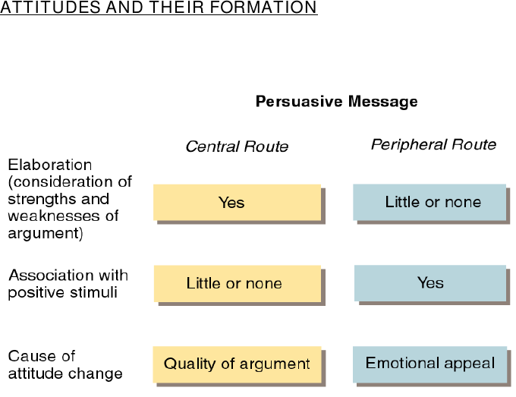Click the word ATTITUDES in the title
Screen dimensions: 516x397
50,8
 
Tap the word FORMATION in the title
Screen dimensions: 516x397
263,8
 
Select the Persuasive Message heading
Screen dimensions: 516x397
337,102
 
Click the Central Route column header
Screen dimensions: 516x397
237,147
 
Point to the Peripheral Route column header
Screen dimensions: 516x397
434,145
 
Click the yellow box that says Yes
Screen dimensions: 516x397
238,203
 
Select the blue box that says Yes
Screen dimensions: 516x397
430,283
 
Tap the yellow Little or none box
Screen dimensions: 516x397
238,283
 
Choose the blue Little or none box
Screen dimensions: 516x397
429,202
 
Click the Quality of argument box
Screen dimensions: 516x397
237,364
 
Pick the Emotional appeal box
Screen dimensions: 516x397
429,364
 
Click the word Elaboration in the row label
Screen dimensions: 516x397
49,165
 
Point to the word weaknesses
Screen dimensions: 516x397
55,216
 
